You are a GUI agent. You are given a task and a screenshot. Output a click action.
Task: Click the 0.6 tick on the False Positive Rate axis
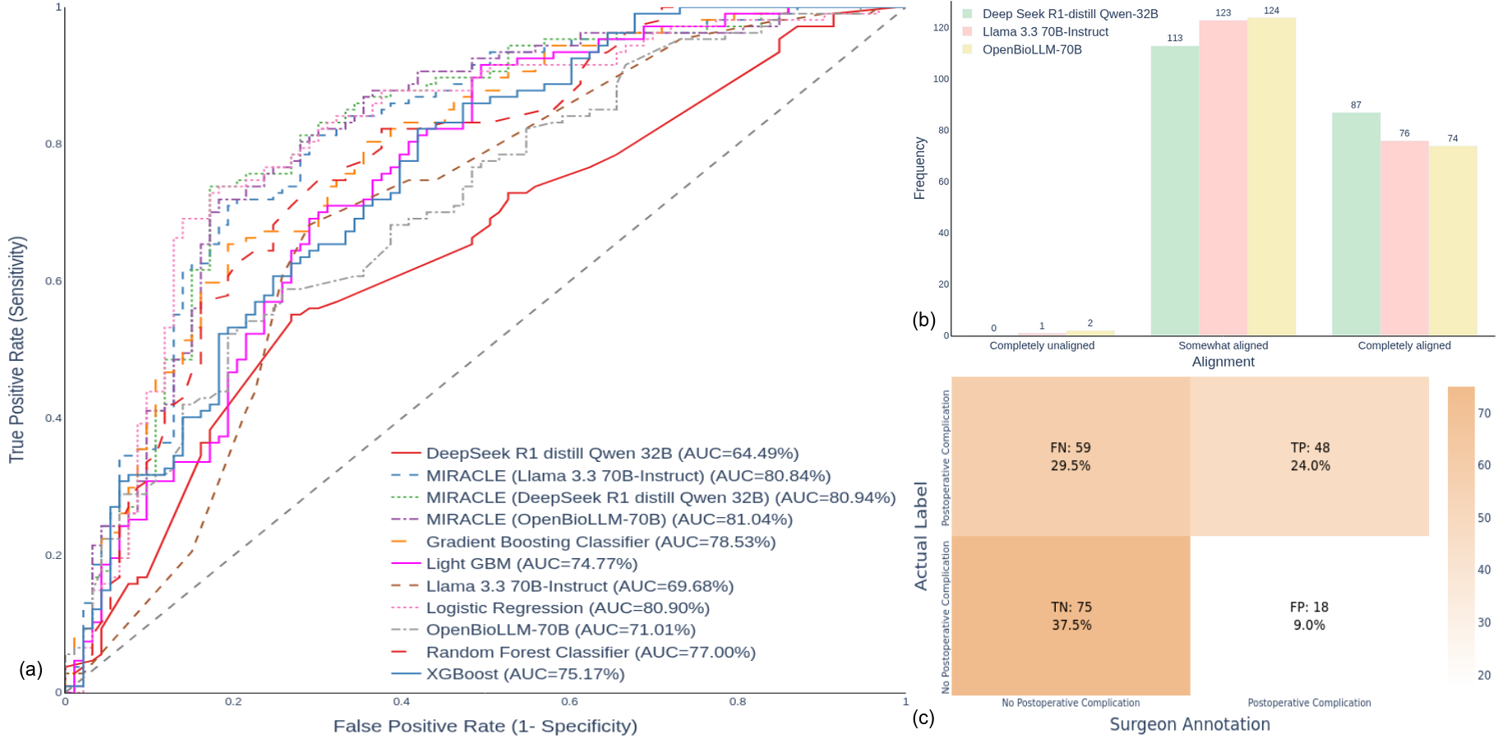pyautogui.click(x=570, y=702)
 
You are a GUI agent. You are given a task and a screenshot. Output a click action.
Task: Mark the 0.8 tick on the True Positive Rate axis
pyautogui.click(x=53, y=144)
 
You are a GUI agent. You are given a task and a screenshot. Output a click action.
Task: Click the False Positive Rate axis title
pyautogui.click(x=485, y=726)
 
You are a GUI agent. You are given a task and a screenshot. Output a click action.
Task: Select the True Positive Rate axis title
pyautogui.click(x=17, y=349)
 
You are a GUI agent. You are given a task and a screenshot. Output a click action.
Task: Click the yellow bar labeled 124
pyautogui.click(x=1271, y=177)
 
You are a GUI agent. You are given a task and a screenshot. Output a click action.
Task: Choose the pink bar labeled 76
pyautogui.click(x=1404, y=238)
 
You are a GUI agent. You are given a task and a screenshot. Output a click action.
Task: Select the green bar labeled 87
pyautogui.click(x=1356, y=224)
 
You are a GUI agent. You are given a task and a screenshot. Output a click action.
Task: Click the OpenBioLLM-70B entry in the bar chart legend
pyautogui.click(x=1032, y=49)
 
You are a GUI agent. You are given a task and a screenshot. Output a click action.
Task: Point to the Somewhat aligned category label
pyautogui.click(x=1223, y=345)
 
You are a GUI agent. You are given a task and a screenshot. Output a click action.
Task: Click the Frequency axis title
pyautogui.click(x=920, y=169)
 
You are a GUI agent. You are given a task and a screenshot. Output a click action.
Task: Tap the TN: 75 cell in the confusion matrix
pyautogui.click(x=1071, y=616)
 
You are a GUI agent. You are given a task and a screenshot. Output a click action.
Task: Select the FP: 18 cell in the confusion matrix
pyautogui.click(x=1309, y=616)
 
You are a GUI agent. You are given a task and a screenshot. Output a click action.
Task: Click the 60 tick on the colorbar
pyautogui.click(x=1484, y=465)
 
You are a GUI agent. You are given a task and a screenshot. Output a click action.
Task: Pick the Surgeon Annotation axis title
pyautogui.click(x=1190, y=724)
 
